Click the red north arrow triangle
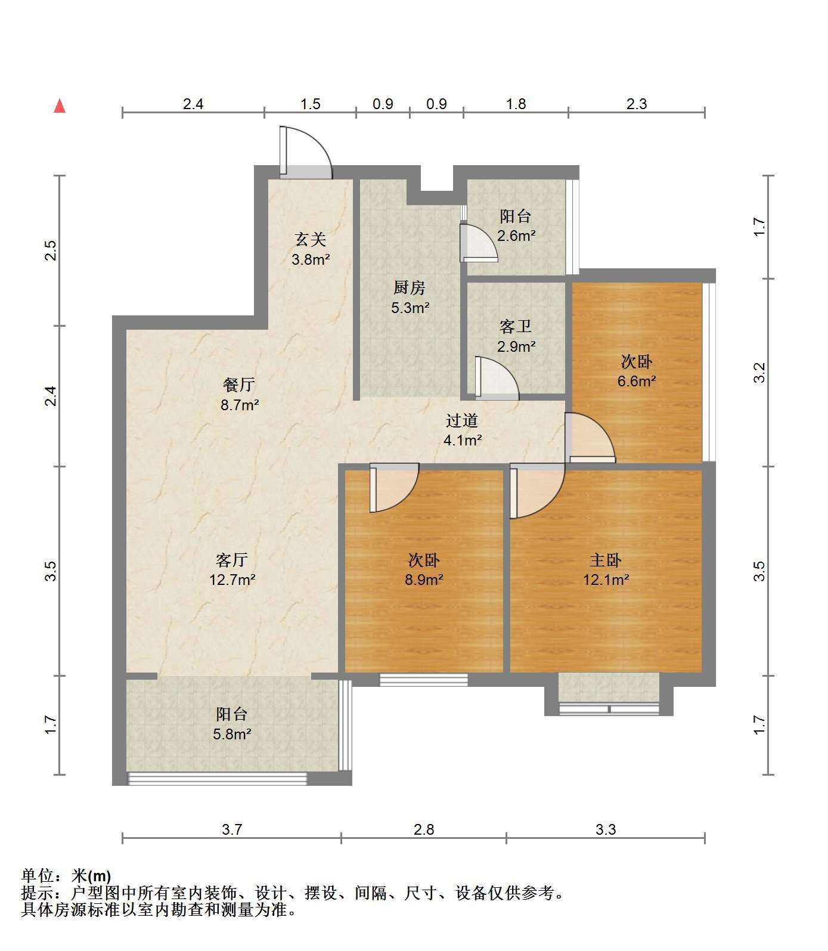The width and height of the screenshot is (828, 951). click(60, 106)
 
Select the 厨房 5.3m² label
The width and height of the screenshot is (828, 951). click(410, 297)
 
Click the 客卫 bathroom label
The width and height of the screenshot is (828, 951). click(516, 336)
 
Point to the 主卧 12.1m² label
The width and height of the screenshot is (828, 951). click(606, 569)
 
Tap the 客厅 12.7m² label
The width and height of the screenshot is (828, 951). click(232, 569)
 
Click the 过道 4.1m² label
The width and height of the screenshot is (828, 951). click(463, 430)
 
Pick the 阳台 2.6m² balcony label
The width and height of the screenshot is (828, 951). click(516, 225)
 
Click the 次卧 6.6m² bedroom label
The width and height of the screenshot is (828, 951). click(637, 371)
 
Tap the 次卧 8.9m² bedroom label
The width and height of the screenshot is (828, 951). click(424, 569)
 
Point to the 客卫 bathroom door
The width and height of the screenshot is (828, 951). click(497, 377)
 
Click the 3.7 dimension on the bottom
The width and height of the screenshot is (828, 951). click(232, 829)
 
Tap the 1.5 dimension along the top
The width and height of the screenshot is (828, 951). click(311, 104)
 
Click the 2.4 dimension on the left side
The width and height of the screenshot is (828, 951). click(51, 396)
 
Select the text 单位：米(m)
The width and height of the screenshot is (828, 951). click(66, 876)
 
